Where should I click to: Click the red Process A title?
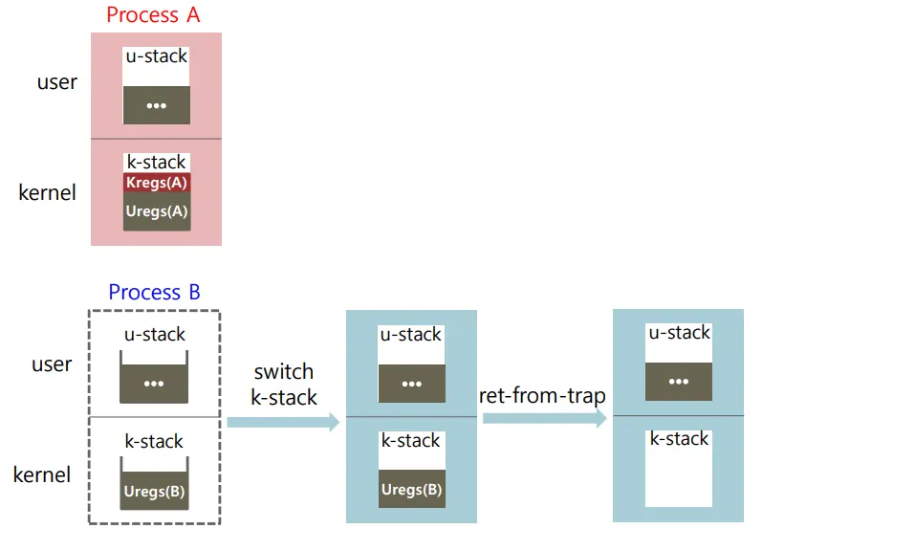[x=154, y=15]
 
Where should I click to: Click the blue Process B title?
[x=154, y=293]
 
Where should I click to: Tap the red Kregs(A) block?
[x=157, y=183]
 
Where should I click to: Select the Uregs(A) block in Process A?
[x=157, y=211]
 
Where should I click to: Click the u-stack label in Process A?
[x=157, y=56]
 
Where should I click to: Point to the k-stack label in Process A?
[x=157, y=162]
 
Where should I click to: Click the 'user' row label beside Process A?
[x=57, y=82]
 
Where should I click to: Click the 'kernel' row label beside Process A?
[x=47, y=192]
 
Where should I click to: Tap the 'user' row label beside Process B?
[x=52, y=364]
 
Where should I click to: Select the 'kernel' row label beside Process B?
[x=42, y=474]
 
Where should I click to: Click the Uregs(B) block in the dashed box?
[x=154, y=493]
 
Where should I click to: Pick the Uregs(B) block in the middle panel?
[x=411, y=489]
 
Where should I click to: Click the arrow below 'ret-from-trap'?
[x=545, y=418]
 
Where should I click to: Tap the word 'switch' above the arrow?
[x=284, y=372]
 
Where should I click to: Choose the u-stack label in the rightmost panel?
[x=679, y=333]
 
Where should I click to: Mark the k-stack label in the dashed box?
[x=154, y=441]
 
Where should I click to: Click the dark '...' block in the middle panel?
[x=411, y=384]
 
